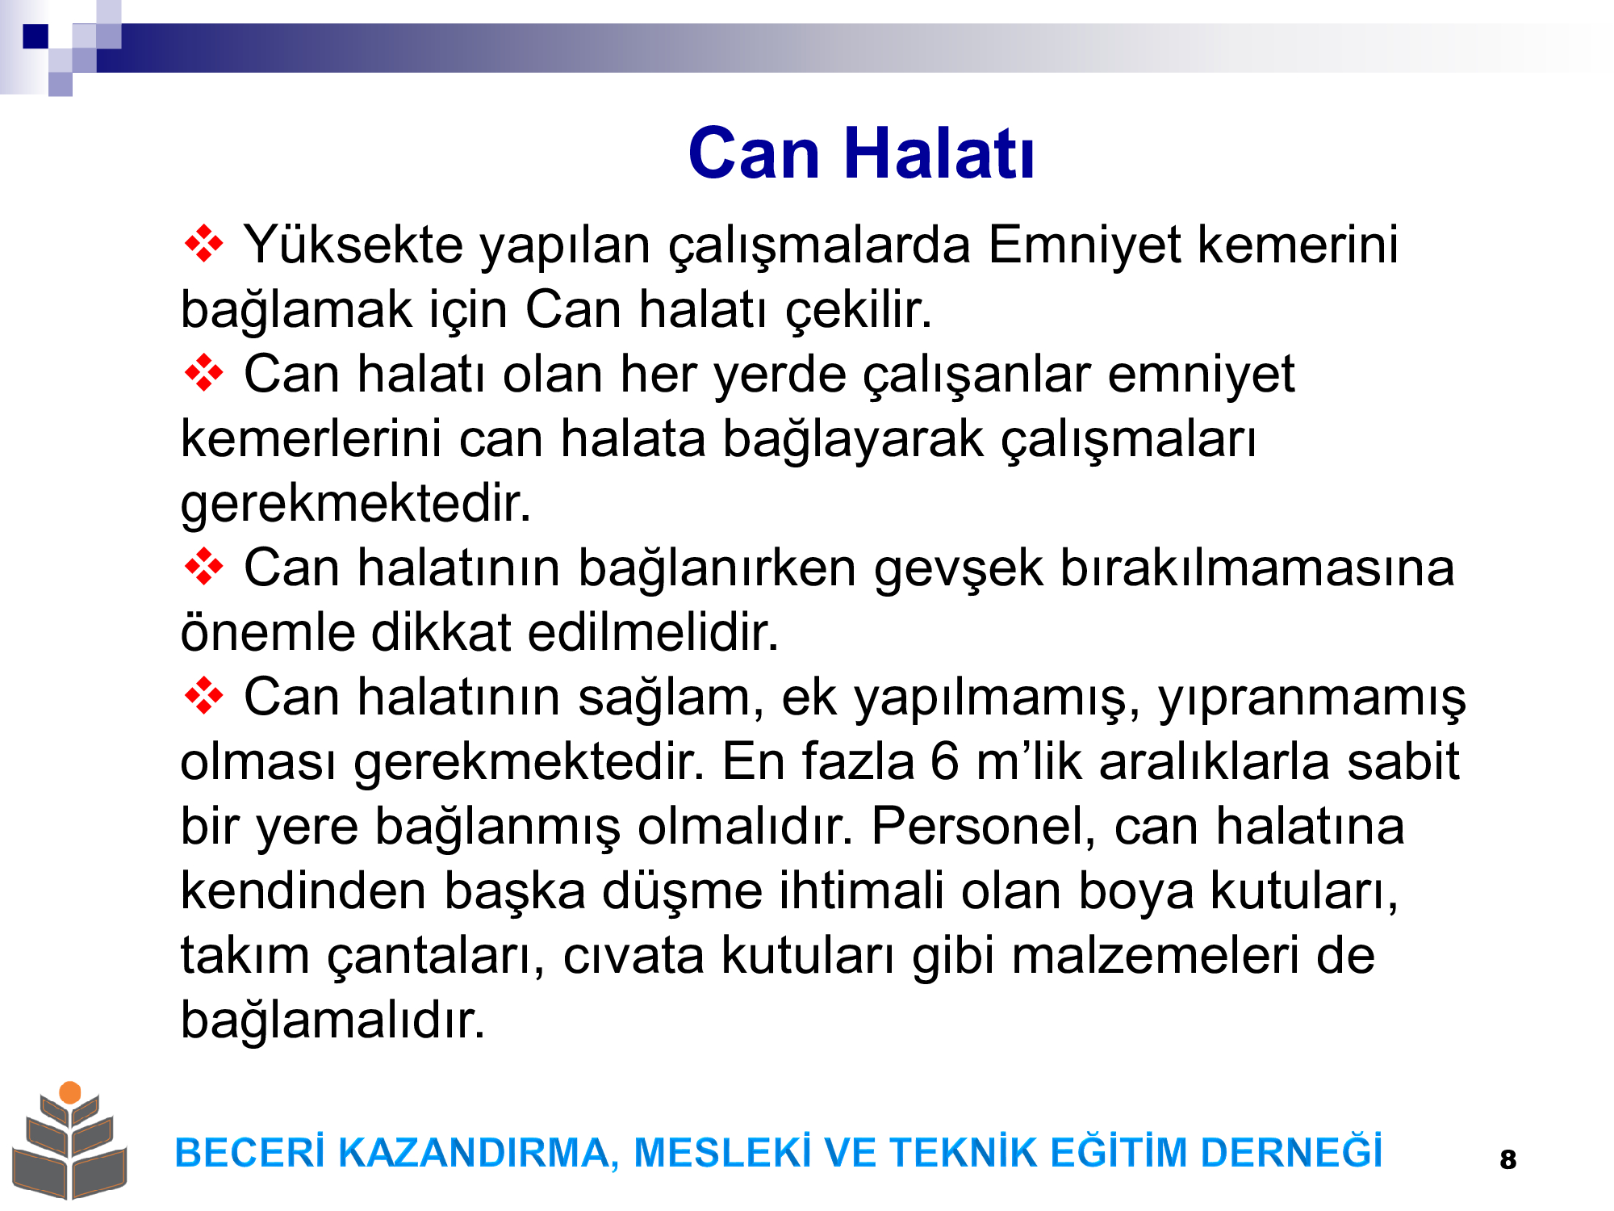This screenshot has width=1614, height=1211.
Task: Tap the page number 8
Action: tap(1507, 1159)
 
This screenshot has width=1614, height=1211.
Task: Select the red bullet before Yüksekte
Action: tap(204, 243)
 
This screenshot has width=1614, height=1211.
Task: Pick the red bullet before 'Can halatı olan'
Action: tap(204, 373)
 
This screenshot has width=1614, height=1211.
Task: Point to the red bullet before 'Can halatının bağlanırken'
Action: tap(204, 567)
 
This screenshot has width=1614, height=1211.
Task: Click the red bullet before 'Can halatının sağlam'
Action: tap(204, 696)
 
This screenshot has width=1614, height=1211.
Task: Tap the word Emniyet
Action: tap(1084, 245)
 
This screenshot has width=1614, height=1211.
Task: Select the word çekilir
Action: tap(859, 311)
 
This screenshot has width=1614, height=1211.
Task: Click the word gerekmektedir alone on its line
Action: tap(355, 505)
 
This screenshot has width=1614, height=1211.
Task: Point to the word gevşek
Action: tap(958, 569)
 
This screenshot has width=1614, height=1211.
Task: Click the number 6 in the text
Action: tap(945, 761)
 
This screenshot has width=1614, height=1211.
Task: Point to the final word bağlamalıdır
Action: tap(332, 1021)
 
